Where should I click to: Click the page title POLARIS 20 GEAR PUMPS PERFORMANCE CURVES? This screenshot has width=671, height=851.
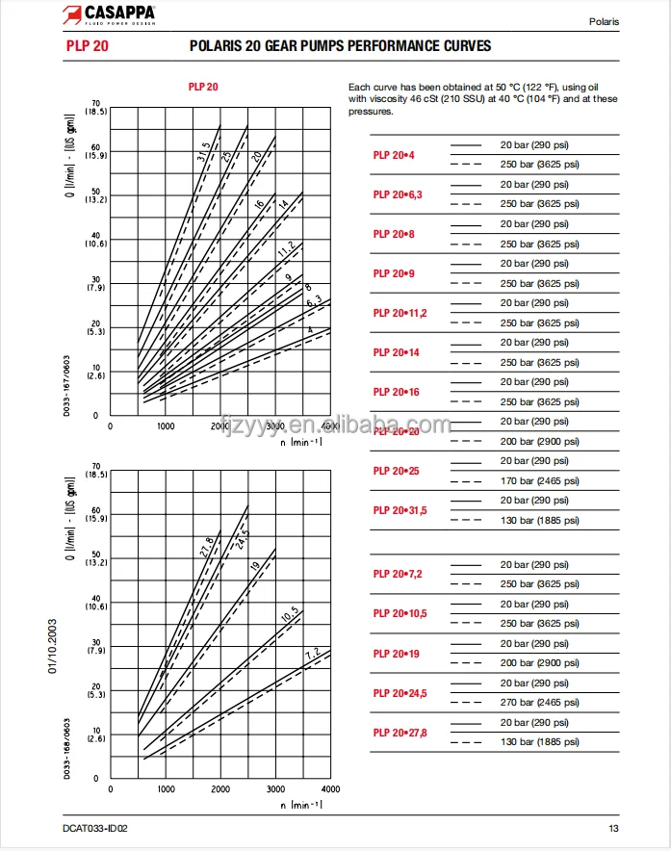point(340,46)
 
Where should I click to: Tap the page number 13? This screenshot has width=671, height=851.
point(613,829)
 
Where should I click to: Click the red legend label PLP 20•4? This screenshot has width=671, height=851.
point(394,155)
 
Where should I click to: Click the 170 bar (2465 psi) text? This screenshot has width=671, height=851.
point(540,481)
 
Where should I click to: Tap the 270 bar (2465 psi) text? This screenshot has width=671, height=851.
point(540,703)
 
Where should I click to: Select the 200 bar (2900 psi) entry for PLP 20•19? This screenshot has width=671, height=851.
point(540,663)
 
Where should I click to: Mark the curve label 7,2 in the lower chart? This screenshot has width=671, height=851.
point(312,654)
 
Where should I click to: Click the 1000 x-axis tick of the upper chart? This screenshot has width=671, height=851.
point(166,425)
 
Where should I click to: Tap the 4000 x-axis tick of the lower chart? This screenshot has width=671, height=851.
point(329,787)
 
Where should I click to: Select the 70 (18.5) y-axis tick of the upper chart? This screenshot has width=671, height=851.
point(96,108)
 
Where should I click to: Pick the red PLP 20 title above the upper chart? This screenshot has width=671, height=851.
point(203,87)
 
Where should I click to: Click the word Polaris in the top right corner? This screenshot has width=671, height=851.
point(604,21)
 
